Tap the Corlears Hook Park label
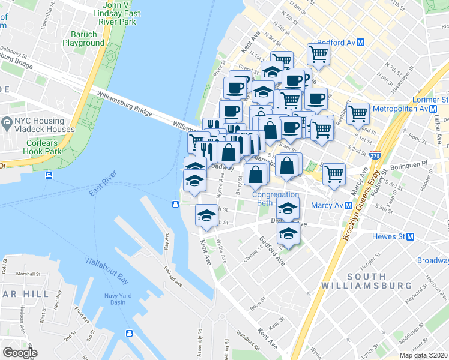(x=43, y=147)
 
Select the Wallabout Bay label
(x=107, y=262)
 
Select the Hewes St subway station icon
(x=411, y=236)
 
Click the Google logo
(x=20, y=353)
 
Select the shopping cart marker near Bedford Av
(x=318, y=54)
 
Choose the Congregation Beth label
(x=276, y=199)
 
